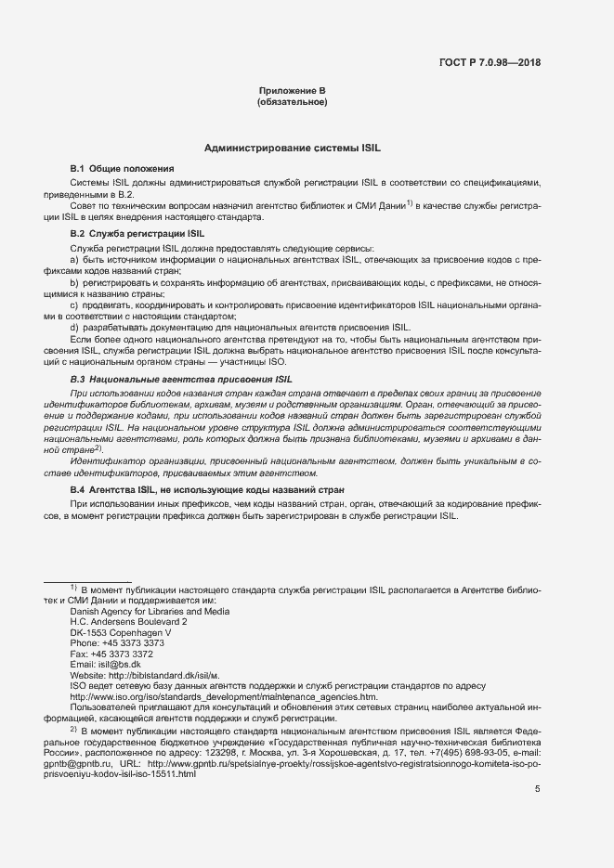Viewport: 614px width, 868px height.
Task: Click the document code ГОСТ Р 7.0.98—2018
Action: (490, 63)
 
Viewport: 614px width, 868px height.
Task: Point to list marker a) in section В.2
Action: (74, 261)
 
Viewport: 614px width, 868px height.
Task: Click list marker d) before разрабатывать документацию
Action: (74, 328)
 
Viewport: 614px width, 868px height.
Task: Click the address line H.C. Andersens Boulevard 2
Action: (128, 622)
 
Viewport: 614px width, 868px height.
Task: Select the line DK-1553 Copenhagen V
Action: (121, 632)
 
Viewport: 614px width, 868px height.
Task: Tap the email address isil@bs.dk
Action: (121, 665)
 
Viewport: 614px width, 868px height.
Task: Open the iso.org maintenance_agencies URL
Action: (224, 696)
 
